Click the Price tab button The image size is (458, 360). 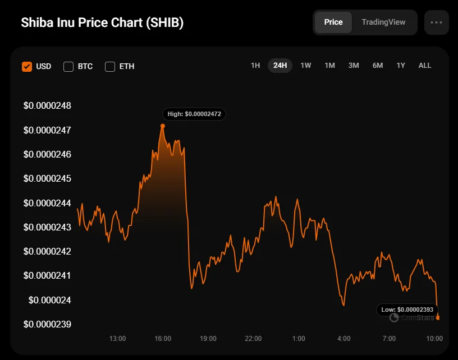click(333, 22)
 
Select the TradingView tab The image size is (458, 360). click(383, 22)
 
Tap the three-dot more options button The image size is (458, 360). click(437, 22)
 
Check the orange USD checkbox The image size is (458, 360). click(27, 67)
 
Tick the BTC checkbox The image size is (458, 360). click(68, 67)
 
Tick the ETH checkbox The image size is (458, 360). click(110, 67)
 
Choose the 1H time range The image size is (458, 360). click(255, 66)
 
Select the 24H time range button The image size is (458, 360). click(280, 66)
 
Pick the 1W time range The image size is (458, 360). click(305, 66)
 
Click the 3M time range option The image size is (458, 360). click(354, 66)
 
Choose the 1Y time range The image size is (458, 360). click(401, 66)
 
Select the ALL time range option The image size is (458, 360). click(425, 66)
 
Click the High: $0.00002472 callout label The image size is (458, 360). click(194, 114)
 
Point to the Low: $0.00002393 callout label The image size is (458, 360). click(407, 309)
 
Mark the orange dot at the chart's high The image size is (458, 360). click(163, 126)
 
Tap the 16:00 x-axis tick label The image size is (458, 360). click(163, 339)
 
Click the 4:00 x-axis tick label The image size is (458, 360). click(343, 339)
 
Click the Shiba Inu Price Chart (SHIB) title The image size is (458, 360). click(102, 23)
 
